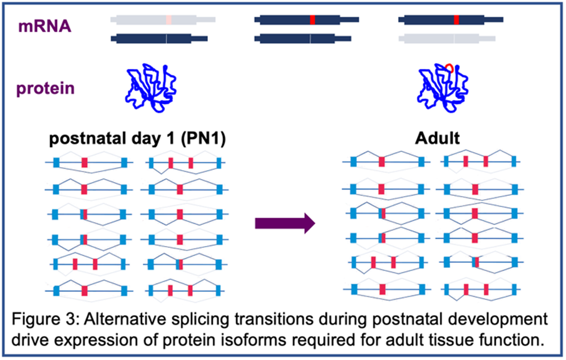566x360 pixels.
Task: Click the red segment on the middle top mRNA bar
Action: click(312, 20)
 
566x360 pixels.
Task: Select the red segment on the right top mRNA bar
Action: click(456, 20)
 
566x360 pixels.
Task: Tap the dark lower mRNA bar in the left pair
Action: click(160, 39)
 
